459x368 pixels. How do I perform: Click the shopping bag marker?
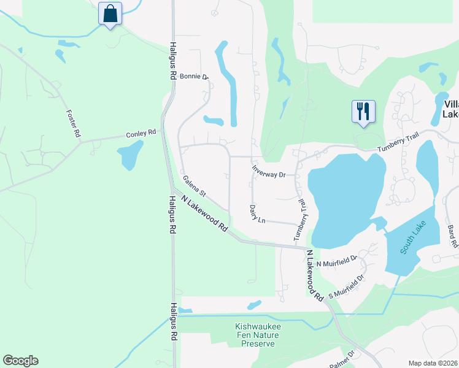tap(110, 13)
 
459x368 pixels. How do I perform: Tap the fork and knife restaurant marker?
tap(363, 112)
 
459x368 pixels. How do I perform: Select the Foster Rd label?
tap(74, 123)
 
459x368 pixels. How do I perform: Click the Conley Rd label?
tap(141, 132)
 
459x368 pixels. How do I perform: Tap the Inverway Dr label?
tap(269, 171)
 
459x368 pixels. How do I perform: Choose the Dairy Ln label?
tap(256, 214)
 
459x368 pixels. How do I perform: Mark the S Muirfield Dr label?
tap(345, 287)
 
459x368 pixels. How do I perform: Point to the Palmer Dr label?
tap(341, 358)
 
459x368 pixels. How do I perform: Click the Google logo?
tap(20, 361)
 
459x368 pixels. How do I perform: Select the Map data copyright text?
tap(433, 363)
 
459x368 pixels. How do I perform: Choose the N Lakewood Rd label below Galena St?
tap(204, 213)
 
